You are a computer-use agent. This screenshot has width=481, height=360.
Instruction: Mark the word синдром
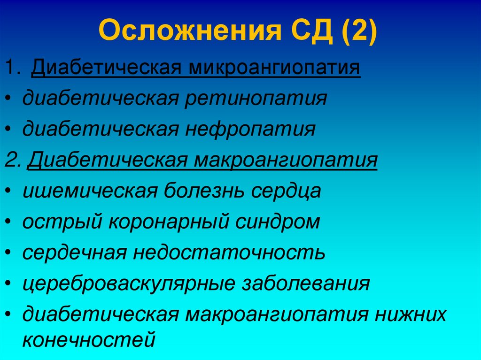284,222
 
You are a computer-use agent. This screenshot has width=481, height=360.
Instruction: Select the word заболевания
305,284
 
